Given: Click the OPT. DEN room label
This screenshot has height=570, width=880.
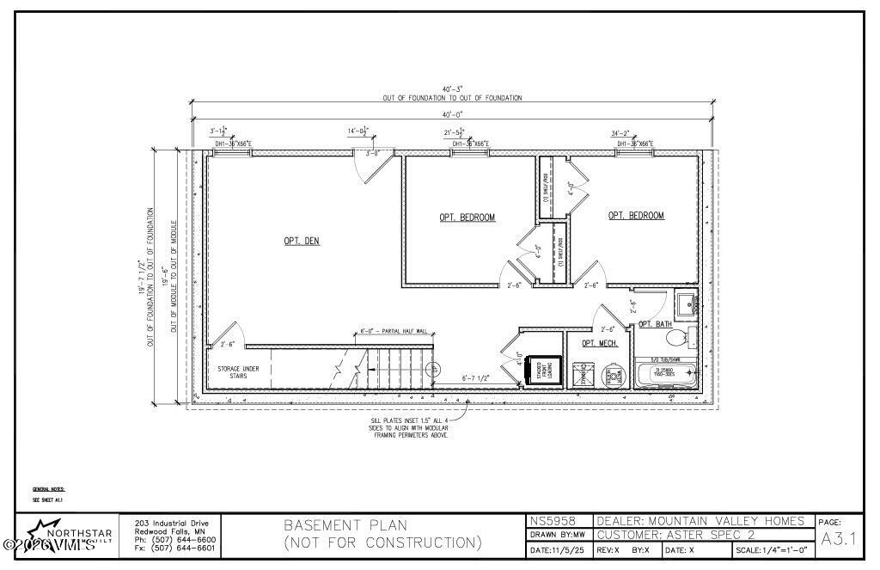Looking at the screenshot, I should click(x=302, y=242).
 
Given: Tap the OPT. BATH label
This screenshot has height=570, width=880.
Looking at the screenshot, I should click(x=656, y=324).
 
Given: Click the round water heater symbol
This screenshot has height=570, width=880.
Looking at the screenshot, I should click(x=611, y=375).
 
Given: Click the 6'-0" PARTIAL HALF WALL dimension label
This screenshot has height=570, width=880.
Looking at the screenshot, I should click(x=389, y=331).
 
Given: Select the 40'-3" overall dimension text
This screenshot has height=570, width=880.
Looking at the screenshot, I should click(x=452, y=89).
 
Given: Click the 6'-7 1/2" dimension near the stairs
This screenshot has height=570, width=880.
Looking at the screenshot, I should click(x=477, y=377).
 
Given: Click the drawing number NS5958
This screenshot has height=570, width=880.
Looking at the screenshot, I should click(x=547, y=521).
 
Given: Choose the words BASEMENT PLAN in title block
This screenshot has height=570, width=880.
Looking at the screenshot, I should click(x=345, y=525).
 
